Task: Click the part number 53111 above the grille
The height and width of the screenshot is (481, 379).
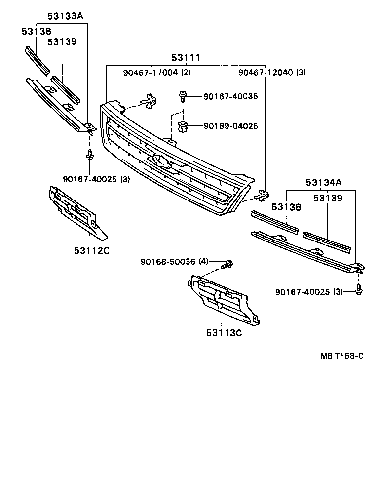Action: [186, 58]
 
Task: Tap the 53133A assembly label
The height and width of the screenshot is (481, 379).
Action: [65, 16]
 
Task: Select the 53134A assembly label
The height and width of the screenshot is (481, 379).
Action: [323, 183]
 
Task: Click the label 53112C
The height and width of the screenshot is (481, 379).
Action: [91, 250]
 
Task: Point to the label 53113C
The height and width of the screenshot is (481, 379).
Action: [224, 333]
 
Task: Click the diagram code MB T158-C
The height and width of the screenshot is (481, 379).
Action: [341, 369]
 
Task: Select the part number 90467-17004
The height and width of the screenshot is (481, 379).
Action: [151, 73]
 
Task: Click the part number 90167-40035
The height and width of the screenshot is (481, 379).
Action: [230, 97]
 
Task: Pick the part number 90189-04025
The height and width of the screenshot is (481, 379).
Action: [230, 126]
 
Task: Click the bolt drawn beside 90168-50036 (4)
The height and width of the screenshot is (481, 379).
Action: [228, 264]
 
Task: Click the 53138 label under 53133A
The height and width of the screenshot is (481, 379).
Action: [36, 32]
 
